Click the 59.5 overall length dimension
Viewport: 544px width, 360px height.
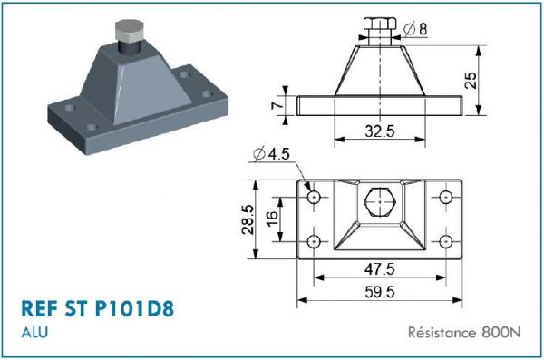(380, 292)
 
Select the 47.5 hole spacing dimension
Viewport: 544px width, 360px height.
(380, 269)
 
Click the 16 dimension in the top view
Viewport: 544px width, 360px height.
(271, 219)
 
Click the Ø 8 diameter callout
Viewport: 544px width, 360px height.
(415, 30)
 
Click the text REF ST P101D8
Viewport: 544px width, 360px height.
(96, 308)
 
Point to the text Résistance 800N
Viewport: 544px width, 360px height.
(465, 332)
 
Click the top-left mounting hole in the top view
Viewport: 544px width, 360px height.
(315, 196)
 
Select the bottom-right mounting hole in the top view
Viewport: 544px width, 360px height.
(446, 241)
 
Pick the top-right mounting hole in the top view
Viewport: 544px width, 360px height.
(446, 196)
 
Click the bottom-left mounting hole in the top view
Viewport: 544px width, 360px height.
(315, 241)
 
